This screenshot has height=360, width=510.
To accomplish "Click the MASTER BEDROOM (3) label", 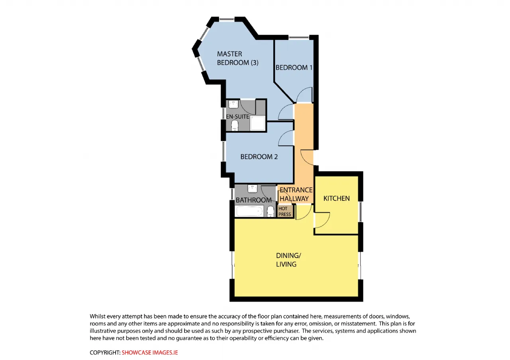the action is tap(237, 58).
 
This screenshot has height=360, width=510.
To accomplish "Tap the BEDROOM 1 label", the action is tap(294, 67).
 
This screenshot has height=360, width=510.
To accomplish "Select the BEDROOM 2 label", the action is tap(259, 157).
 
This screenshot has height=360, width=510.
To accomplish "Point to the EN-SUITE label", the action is tap(237, 117).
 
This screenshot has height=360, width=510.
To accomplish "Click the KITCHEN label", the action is tap(337, 198).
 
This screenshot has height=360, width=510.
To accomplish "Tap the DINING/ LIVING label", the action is tap(288, 260).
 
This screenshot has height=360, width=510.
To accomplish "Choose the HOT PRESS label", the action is tap(284, 211).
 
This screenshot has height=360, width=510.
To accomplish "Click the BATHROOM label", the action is tap(254, 200).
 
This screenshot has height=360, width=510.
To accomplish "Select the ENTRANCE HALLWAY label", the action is tap(296, 194).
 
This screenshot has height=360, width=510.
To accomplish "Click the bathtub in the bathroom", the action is tap(249, 211).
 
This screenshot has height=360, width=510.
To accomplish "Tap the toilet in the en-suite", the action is tap(235, 125).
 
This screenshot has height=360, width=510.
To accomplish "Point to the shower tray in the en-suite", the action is tap(258, 123).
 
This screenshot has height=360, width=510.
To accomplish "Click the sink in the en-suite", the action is tap(233, 104).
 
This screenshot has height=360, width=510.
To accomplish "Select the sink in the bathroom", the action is tap(252, 188).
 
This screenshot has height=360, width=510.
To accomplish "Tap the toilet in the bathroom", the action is tap(270, 211).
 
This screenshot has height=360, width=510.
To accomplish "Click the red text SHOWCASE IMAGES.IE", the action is tap(149, 352).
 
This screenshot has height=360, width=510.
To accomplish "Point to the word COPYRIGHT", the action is tap(105, 352).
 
